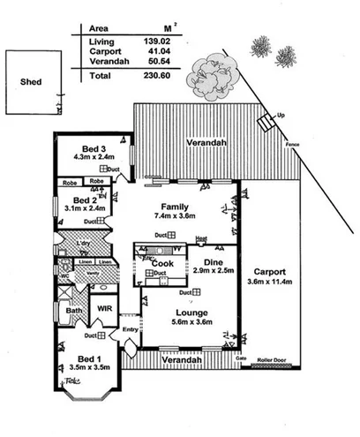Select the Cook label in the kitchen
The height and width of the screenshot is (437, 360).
click(161, 263)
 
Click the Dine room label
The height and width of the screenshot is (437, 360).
click(211, 261)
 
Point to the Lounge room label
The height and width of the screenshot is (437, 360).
click(191, 313)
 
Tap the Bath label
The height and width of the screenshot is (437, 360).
click(73, 310)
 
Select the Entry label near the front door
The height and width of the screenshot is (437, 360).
click(131, 329)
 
